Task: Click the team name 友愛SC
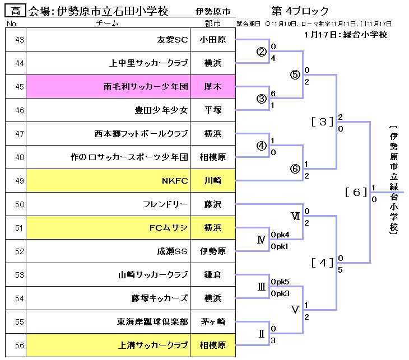[173, 40]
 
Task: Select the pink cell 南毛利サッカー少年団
[145, 87]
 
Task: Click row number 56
[16, 345]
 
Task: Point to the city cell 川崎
[213, 181]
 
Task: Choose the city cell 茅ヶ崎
[213, 322]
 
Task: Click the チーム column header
[108, 24]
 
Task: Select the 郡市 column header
[213, 24]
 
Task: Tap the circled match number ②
[261, 52]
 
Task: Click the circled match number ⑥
[295, 169]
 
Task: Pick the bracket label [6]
[356, 193]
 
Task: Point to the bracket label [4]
[323, 262]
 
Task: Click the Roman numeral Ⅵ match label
[295, 216]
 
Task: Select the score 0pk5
[280, 282]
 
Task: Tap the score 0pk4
[280, 235]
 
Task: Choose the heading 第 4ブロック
[299, 11]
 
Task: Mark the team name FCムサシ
[169, 228]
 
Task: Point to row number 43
[16, 40]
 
